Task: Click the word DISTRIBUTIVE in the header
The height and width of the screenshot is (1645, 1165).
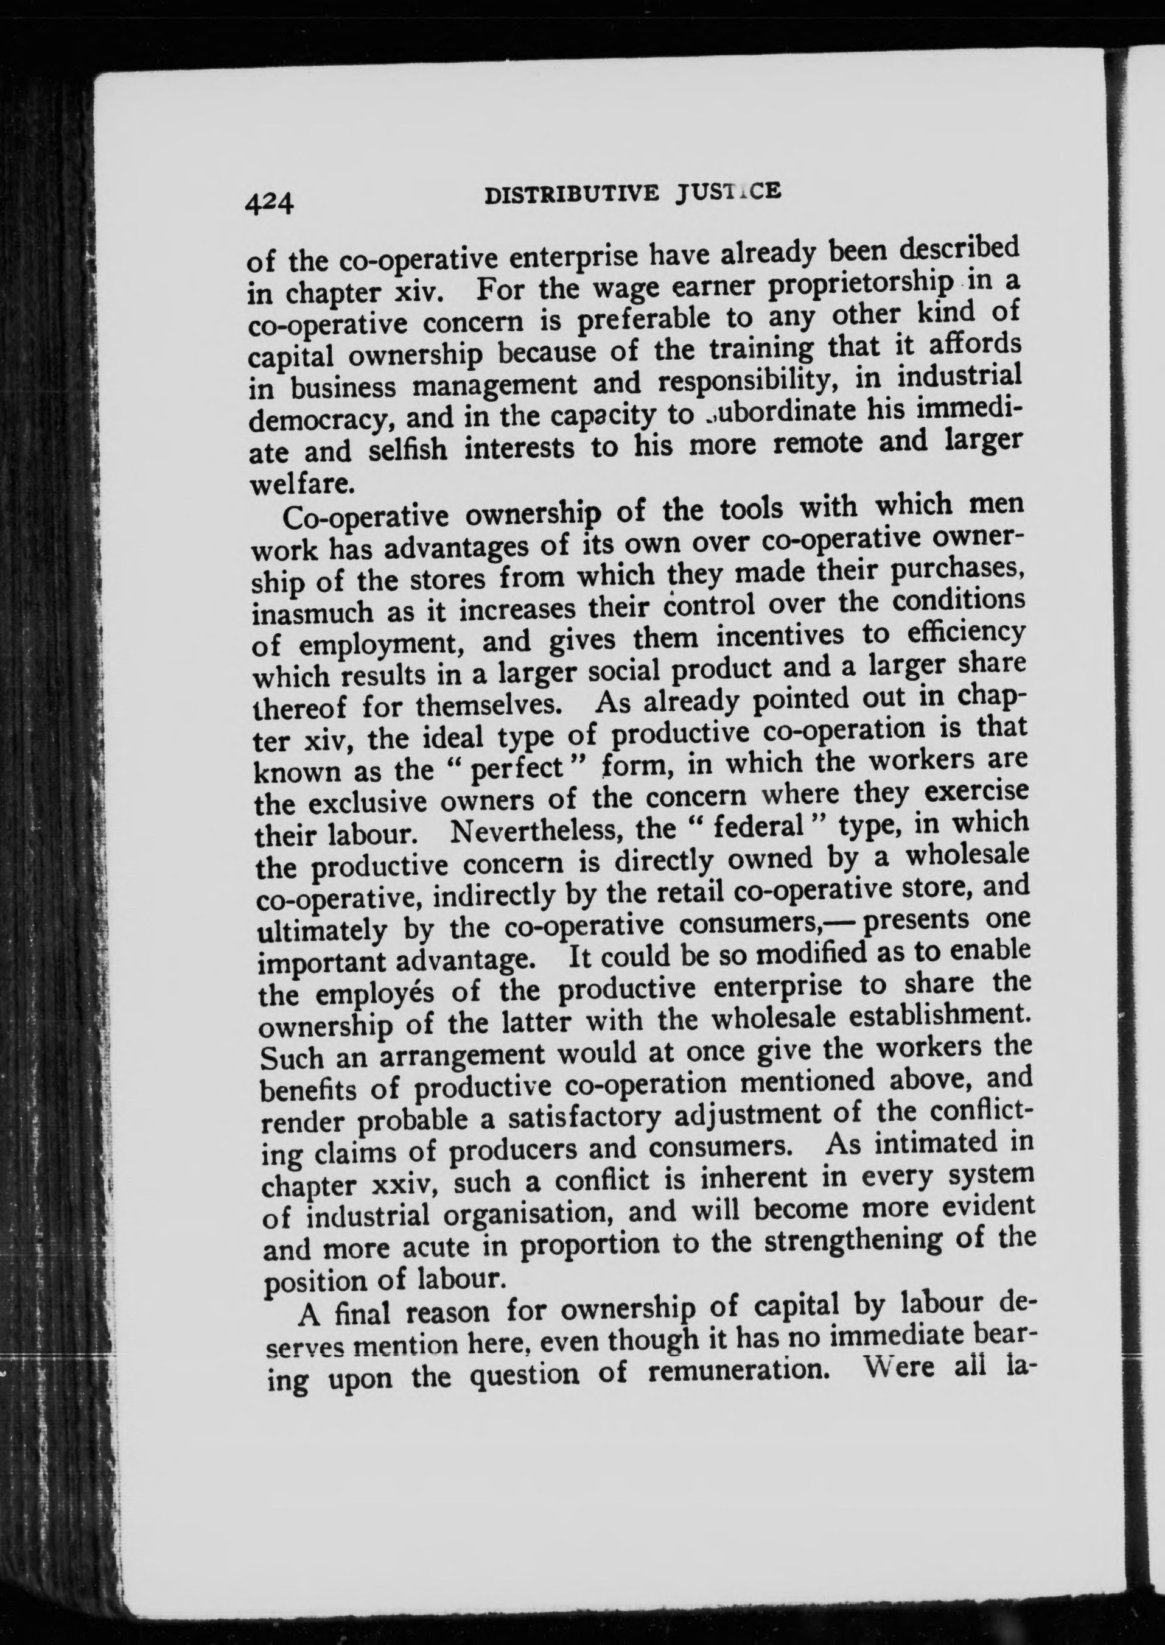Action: coord(572,196)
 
